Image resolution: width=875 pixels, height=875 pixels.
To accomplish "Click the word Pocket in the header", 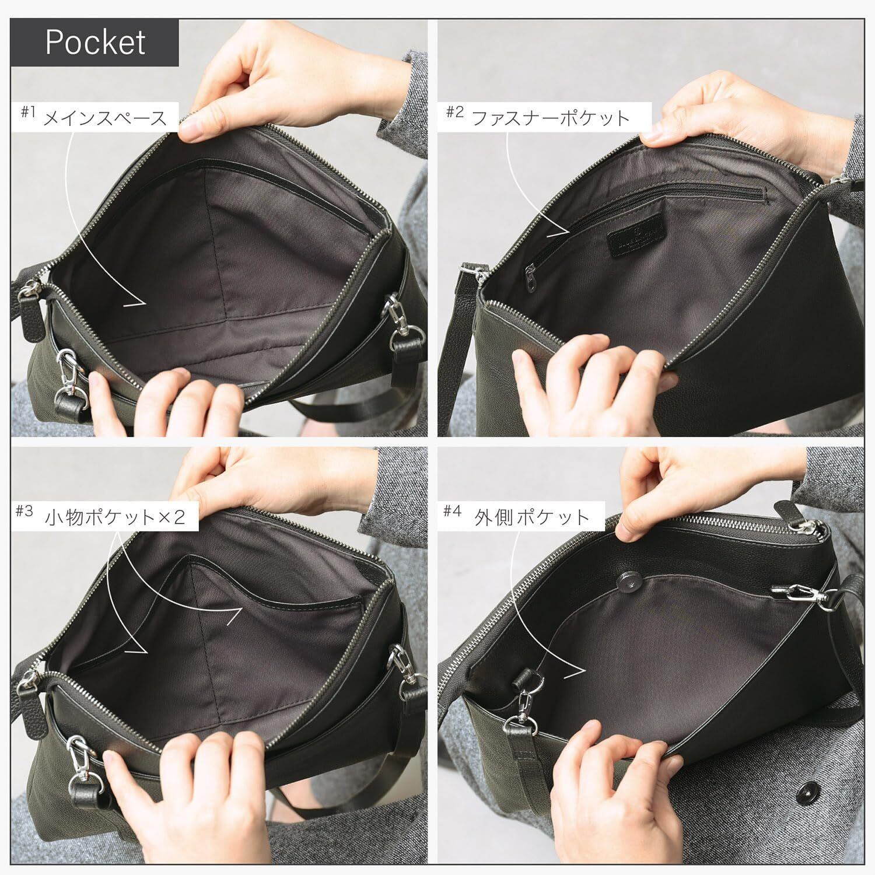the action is point(95,42).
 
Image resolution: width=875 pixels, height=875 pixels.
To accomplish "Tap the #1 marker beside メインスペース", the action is point(29,113).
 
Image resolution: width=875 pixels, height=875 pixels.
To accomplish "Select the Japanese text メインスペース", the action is point(106,118).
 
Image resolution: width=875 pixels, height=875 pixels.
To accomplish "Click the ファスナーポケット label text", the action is point(550,118).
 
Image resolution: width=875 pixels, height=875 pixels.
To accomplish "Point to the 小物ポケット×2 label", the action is point(116,517).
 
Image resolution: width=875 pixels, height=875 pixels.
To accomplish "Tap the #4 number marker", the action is point(452,512).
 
